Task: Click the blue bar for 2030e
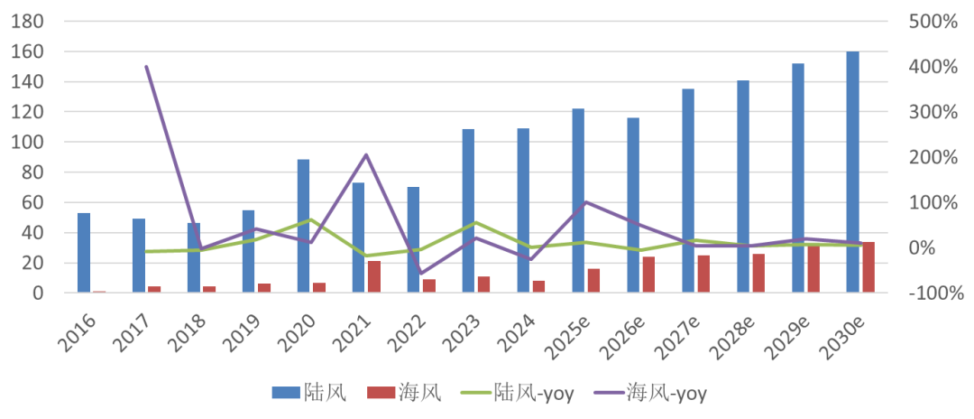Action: tap(852, 172)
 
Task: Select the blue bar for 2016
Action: tap(84, 253)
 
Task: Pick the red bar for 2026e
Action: tap(648, 275)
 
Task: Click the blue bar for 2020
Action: tap(304, 226)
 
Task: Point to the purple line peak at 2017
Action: tap(146, 66)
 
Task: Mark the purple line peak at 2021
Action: tap(366, 154)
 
